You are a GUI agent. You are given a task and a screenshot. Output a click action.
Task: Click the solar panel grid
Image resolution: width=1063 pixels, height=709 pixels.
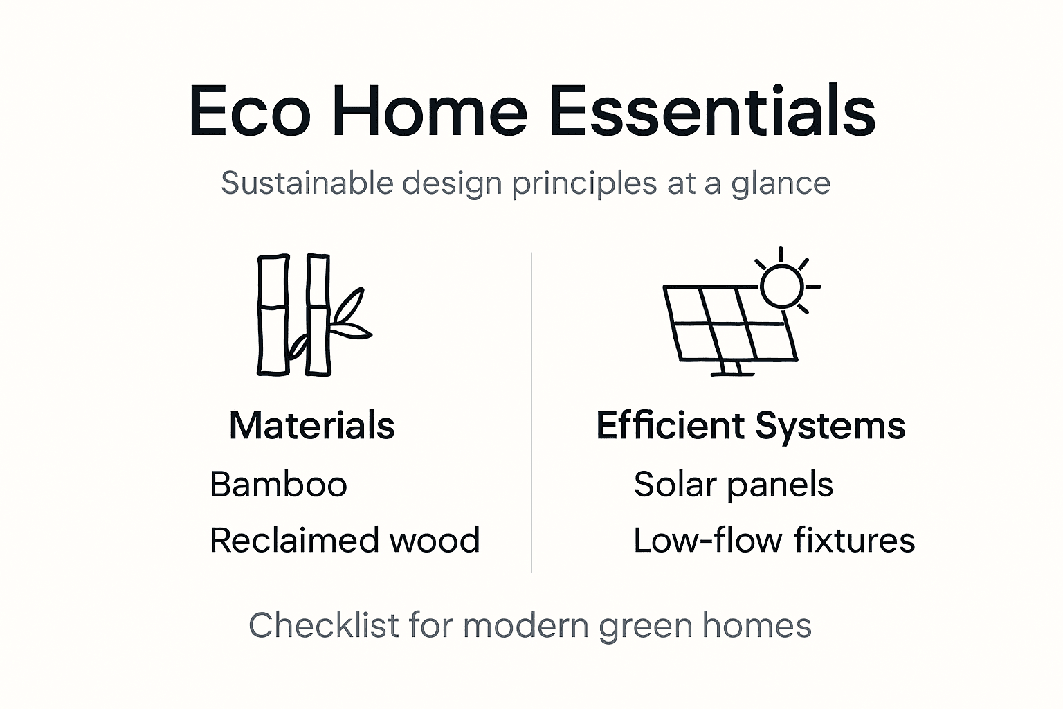coord(730,323)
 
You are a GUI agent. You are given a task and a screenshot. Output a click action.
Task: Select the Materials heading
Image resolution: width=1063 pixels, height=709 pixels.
coord(311,425)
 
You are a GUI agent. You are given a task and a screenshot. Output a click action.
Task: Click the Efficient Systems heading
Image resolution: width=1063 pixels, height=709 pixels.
coord(750,425)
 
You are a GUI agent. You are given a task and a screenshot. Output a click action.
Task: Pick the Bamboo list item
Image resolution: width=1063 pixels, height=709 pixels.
coord(278,484)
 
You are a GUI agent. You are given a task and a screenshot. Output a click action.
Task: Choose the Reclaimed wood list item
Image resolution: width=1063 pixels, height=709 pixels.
coord(345,540)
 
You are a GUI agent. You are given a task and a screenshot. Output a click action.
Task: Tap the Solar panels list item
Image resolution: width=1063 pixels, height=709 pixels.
coord(733,484)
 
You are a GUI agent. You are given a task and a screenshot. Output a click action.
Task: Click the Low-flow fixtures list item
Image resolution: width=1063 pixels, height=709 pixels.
coord(774,540)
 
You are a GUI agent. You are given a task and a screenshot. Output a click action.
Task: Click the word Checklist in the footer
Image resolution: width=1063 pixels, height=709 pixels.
coord(324,625)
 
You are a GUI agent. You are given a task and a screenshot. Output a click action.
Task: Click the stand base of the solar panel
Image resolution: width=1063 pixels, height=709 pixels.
coord(732,373)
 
